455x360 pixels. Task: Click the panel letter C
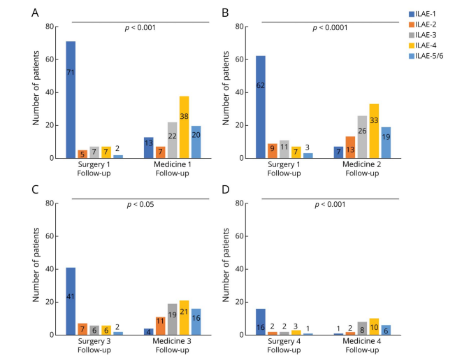(36, 189)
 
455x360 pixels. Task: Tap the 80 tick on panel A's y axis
(49, 27)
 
